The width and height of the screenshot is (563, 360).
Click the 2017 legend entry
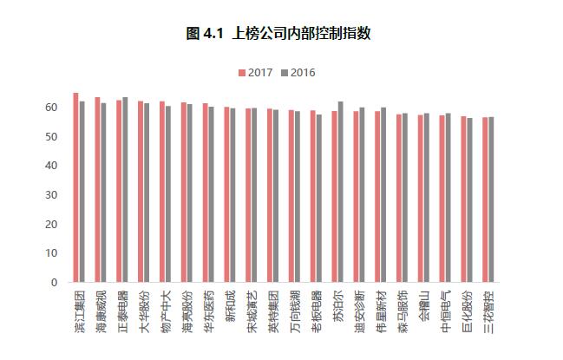click(256, 72)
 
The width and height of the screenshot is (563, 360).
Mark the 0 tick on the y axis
click(54, 283)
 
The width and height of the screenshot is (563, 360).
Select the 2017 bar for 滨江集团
click(75, 187)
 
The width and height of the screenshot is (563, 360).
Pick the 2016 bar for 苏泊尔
click(341, 192)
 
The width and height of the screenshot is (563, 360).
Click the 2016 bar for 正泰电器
click(125, 190)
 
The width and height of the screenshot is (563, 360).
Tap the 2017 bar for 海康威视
click(97, 190)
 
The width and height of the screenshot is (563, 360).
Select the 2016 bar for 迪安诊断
click(362, 195)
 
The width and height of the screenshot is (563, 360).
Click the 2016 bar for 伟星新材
click(383, 195)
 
